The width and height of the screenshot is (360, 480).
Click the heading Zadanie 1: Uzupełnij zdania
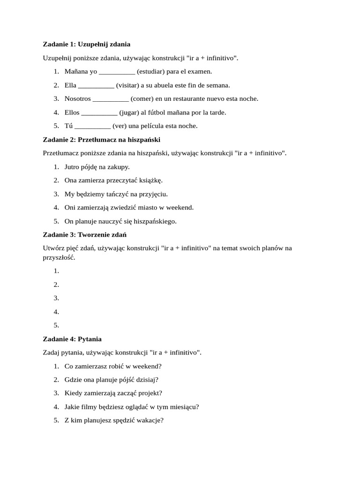pyautogui.click(x=87, y=44)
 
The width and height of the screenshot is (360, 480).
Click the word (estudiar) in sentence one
pyautogui.click(x=150, y=72)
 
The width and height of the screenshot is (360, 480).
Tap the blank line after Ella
pyautogui.click(x=96, y=85)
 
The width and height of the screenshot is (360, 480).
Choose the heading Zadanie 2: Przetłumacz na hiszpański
pyautogui.click(x=102, y=140)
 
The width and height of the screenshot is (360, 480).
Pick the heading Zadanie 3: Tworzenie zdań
pyautogui.click(x=85, y=235)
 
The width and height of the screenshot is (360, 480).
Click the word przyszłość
pyautogui.click(x=59, y=258)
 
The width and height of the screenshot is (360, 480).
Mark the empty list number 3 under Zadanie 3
pyautogui.click(x=56, y=298)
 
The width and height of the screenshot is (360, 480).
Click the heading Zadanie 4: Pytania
pyautogui.click(x=72, y=339)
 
